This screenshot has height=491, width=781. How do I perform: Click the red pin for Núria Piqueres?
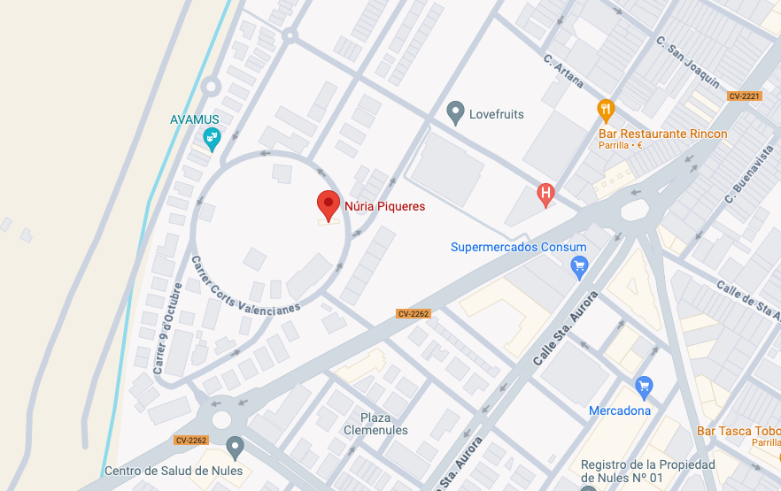coord(329,204)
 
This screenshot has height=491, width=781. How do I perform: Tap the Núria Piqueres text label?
coord(384,206)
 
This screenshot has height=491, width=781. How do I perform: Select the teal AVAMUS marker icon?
coord(212,138)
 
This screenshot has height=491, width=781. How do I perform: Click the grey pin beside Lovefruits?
coord(455,112)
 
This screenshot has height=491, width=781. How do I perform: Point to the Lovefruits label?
coord(496,114)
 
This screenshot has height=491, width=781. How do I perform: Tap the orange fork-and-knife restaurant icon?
coord(606,110)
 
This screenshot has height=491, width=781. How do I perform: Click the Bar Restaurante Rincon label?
coord(662,134)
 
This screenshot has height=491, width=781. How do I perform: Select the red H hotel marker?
coord(545,193)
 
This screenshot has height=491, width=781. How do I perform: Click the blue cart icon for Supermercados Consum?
coord(579,265)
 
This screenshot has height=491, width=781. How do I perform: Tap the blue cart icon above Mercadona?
coord(644,387)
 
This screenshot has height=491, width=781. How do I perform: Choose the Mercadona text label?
coord(620,410)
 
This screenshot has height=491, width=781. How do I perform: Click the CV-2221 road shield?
coord(744,96)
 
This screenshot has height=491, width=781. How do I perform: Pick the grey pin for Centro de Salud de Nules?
coord(235,447)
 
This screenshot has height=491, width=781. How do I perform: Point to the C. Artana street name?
coord(564,71)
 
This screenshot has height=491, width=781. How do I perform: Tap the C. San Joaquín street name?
coord(687,61)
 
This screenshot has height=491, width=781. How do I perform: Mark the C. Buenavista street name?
coord(748,175)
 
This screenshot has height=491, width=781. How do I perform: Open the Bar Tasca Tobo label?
coord(738,431)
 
